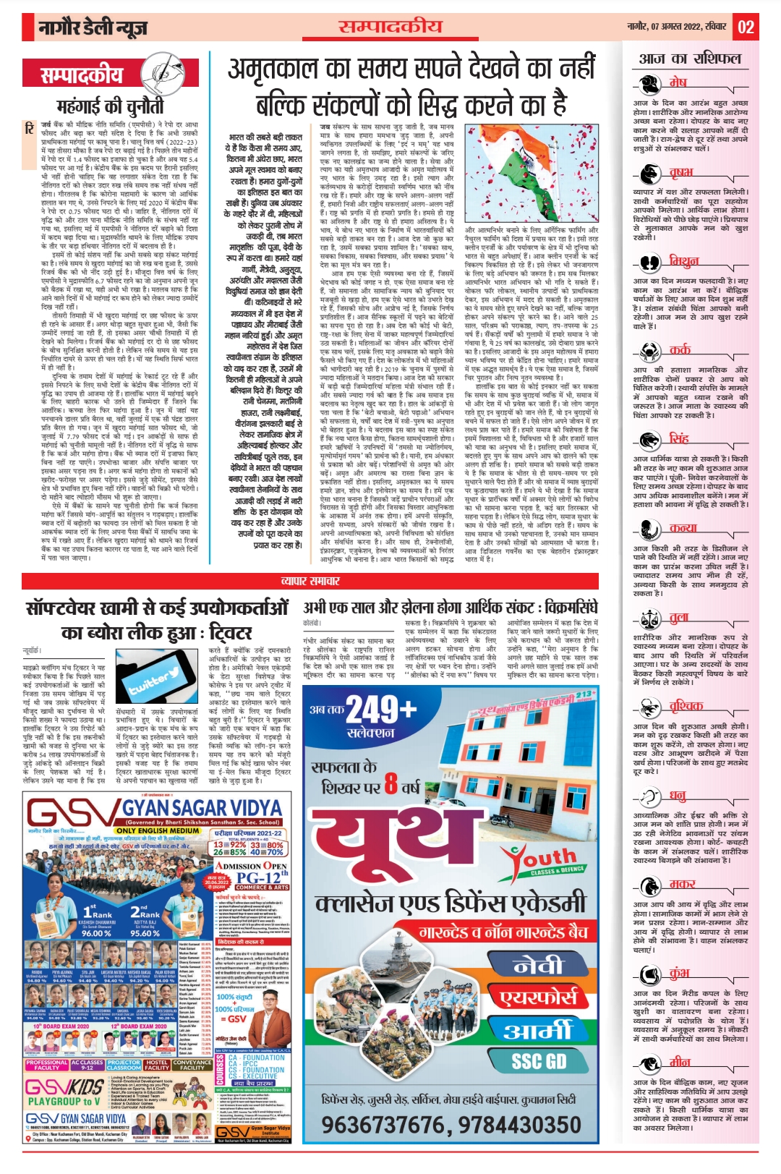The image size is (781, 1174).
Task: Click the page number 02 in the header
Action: tap(746, 27)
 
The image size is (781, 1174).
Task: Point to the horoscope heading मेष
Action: tap(678, 82)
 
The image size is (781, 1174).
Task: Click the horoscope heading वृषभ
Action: tap(680, 172)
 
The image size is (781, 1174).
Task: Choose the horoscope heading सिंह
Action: tap(678, 438)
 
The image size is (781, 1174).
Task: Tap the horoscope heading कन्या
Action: tap(683, 528)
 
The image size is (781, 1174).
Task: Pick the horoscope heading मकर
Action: tap(682, 883)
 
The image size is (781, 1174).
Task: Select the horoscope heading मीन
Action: tap(680, 1062)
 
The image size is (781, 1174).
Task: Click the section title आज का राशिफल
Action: tap(690, 59)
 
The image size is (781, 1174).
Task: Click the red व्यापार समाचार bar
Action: tap(311, 581)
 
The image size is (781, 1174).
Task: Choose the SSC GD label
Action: tap(539, 1061)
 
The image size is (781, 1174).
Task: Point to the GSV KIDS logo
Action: tap(64, 1087)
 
